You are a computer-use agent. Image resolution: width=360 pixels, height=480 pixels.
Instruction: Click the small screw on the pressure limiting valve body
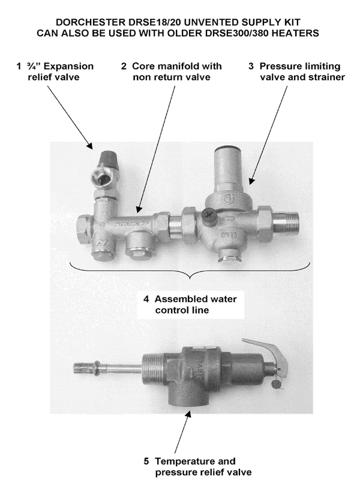click(x=208, y=212)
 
